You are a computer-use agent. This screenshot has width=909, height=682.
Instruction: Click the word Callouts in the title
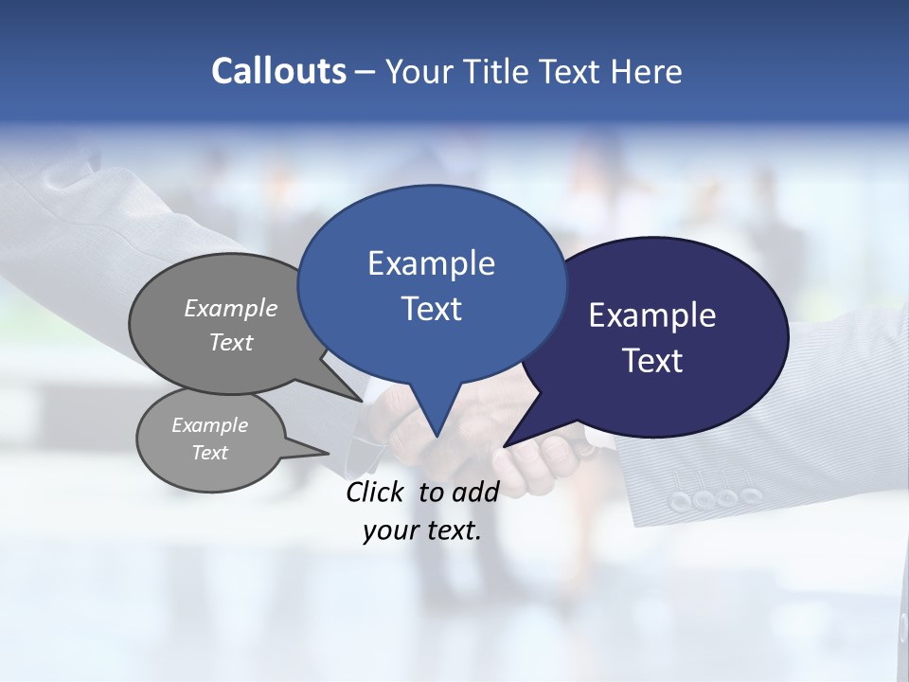pyautogui.click(x=278, y=71)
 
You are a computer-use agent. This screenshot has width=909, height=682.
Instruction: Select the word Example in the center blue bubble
pyautogui.click(x=431, y=263)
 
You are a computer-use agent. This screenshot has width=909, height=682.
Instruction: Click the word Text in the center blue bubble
pyautogui.click(x=431, y=309)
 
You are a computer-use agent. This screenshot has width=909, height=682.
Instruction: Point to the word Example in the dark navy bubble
pyautogui.click(x=652, y=315)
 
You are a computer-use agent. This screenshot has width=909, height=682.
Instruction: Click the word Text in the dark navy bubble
pyautogui.click(x=652, y=361)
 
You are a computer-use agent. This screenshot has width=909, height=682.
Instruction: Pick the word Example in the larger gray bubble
pyautogui.click(x=231, y=308)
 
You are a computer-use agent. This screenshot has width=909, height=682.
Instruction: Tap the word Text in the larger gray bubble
pyautogui.click(x=231, y=342)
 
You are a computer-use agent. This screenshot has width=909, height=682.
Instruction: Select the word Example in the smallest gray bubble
pyautogui.click(x=209, y=425)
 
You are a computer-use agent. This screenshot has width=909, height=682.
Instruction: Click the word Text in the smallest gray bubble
pyautogui.click(x=209, y=453)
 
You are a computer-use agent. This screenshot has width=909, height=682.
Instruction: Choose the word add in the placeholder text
pyautogui.click(x=475, y=492)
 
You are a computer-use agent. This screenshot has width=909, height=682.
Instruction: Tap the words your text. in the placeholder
pyautogui.click(x=422, y=531)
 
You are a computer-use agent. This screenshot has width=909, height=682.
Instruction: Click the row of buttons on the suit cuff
pyautogui.click(x=715, y=497)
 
